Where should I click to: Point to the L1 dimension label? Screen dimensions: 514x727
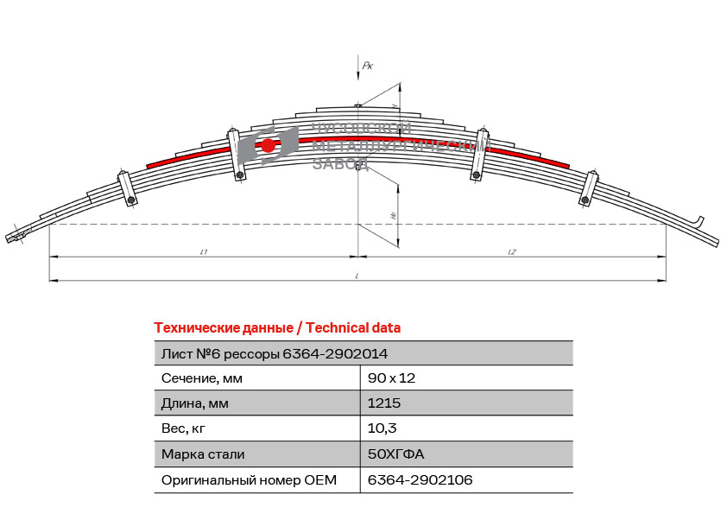[x=204, y=251]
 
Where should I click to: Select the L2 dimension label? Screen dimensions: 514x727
[x=512, y=251]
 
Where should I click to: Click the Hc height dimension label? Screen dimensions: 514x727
[x=393, y=215]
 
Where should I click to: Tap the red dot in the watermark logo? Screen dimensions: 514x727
[x=269, y=145]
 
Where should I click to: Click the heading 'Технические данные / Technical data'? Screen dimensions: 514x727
[x=277, y=328]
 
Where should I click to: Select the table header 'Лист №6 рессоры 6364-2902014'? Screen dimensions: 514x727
[x=275, y=353]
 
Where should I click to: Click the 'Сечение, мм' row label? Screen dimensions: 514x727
[x=201, y=378]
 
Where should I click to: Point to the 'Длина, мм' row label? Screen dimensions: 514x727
[x=196, y=403]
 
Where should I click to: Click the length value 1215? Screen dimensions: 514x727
[x=384, y=403]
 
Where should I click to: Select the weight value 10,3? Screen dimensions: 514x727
[x=382, y=428]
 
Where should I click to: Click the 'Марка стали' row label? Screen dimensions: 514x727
[x=203, y=454]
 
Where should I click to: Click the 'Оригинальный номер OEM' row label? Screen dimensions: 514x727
[x=249, y=479]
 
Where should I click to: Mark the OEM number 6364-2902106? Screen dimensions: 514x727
[x=420, y=479]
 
